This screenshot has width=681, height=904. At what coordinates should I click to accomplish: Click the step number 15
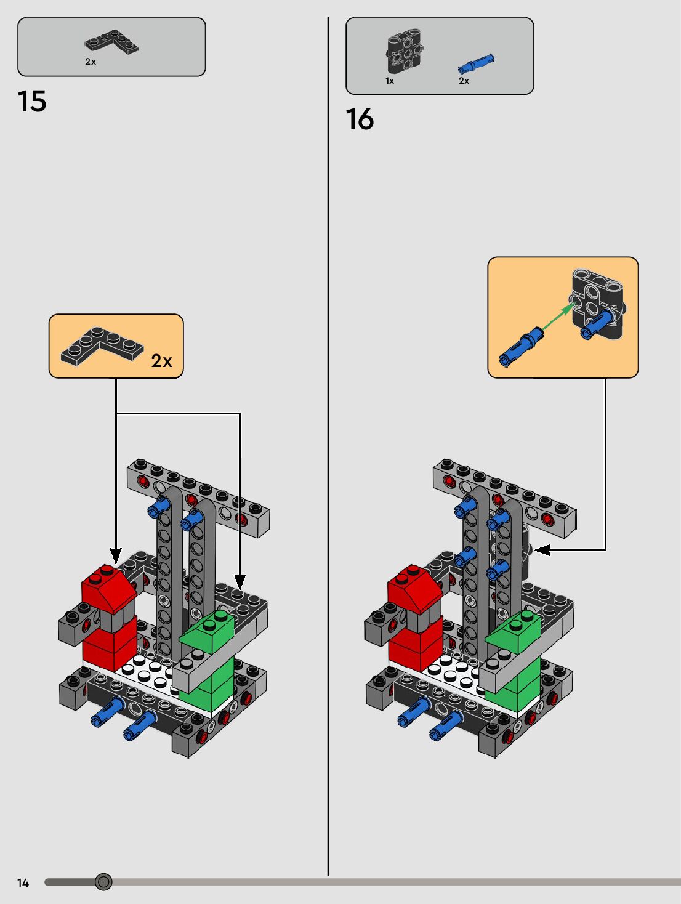[32, 102]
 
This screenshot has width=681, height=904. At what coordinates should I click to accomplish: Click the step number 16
[360, 119]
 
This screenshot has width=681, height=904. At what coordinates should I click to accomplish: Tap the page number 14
[23, 883]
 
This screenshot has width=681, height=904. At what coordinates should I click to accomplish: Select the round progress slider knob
[103, 882]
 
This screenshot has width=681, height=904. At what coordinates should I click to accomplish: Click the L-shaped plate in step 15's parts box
[111, 41]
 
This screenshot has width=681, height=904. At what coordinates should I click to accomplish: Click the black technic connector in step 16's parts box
[404, 52]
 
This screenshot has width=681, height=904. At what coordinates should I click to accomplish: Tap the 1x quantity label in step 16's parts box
[390, 81]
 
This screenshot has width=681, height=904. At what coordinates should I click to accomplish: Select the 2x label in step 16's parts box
[464, 81]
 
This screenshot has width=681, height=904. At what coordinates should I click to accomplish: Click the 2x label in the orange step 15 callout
[162, 361]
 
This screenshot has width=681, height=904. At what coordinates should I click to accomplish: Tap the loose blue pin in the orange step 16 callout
[521, 346]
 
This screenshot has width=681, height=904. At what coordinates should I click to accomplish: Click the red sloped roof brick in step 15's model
[109, 588]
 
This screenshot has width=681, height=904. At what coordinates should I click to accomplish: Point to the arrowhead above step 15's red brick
[116, 556]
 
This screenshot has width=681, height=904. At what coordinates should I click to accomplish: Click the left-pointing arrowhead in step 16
[542, 550]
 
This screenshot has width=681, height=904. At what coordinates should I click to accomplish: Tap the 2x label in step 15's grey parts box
[91, 62]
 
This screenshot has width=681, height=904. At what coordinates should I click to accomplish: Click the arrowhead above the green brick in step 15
[240, 581]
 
